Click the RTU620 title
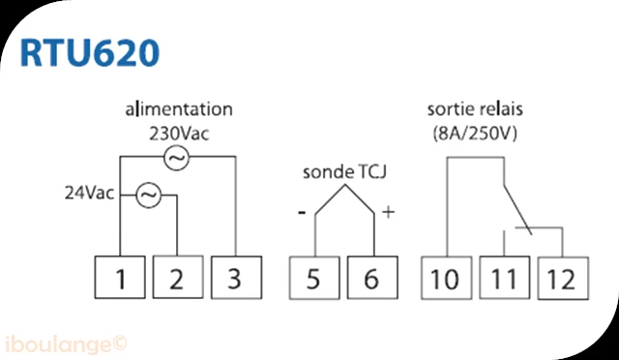point(90,52)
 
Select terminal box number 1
point(120,278)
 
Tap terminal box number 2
point(178,277)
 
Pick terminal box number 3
point(236,278)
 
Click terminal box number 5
point(314,278)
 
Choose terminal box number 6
point(372,278)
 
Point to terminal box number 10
point(446,278)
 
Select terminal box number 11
point(505,278)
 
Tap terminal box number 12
point(563,279)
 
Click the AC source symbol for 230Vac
point(176,158)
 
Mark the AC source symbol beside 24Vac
point(148,195)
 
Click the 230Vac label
point(179,135)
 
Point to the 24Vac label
point(90,194)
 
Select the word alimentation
point(179,109)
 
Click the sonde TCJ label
point(344,172)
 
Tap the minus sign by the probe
point(302,214)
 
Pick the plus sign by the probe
point(389,213)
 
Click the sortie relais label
point(475,109)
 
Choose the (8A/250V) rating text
point(475,135)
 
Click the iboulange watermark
point(66,345)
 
